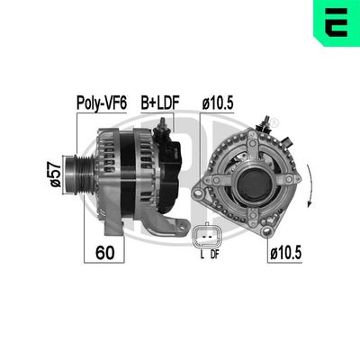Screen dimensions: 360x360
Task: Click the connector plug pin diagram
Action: (207, 238)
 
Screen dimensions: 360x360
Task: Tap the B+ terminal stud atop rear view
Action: (268, 123)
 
